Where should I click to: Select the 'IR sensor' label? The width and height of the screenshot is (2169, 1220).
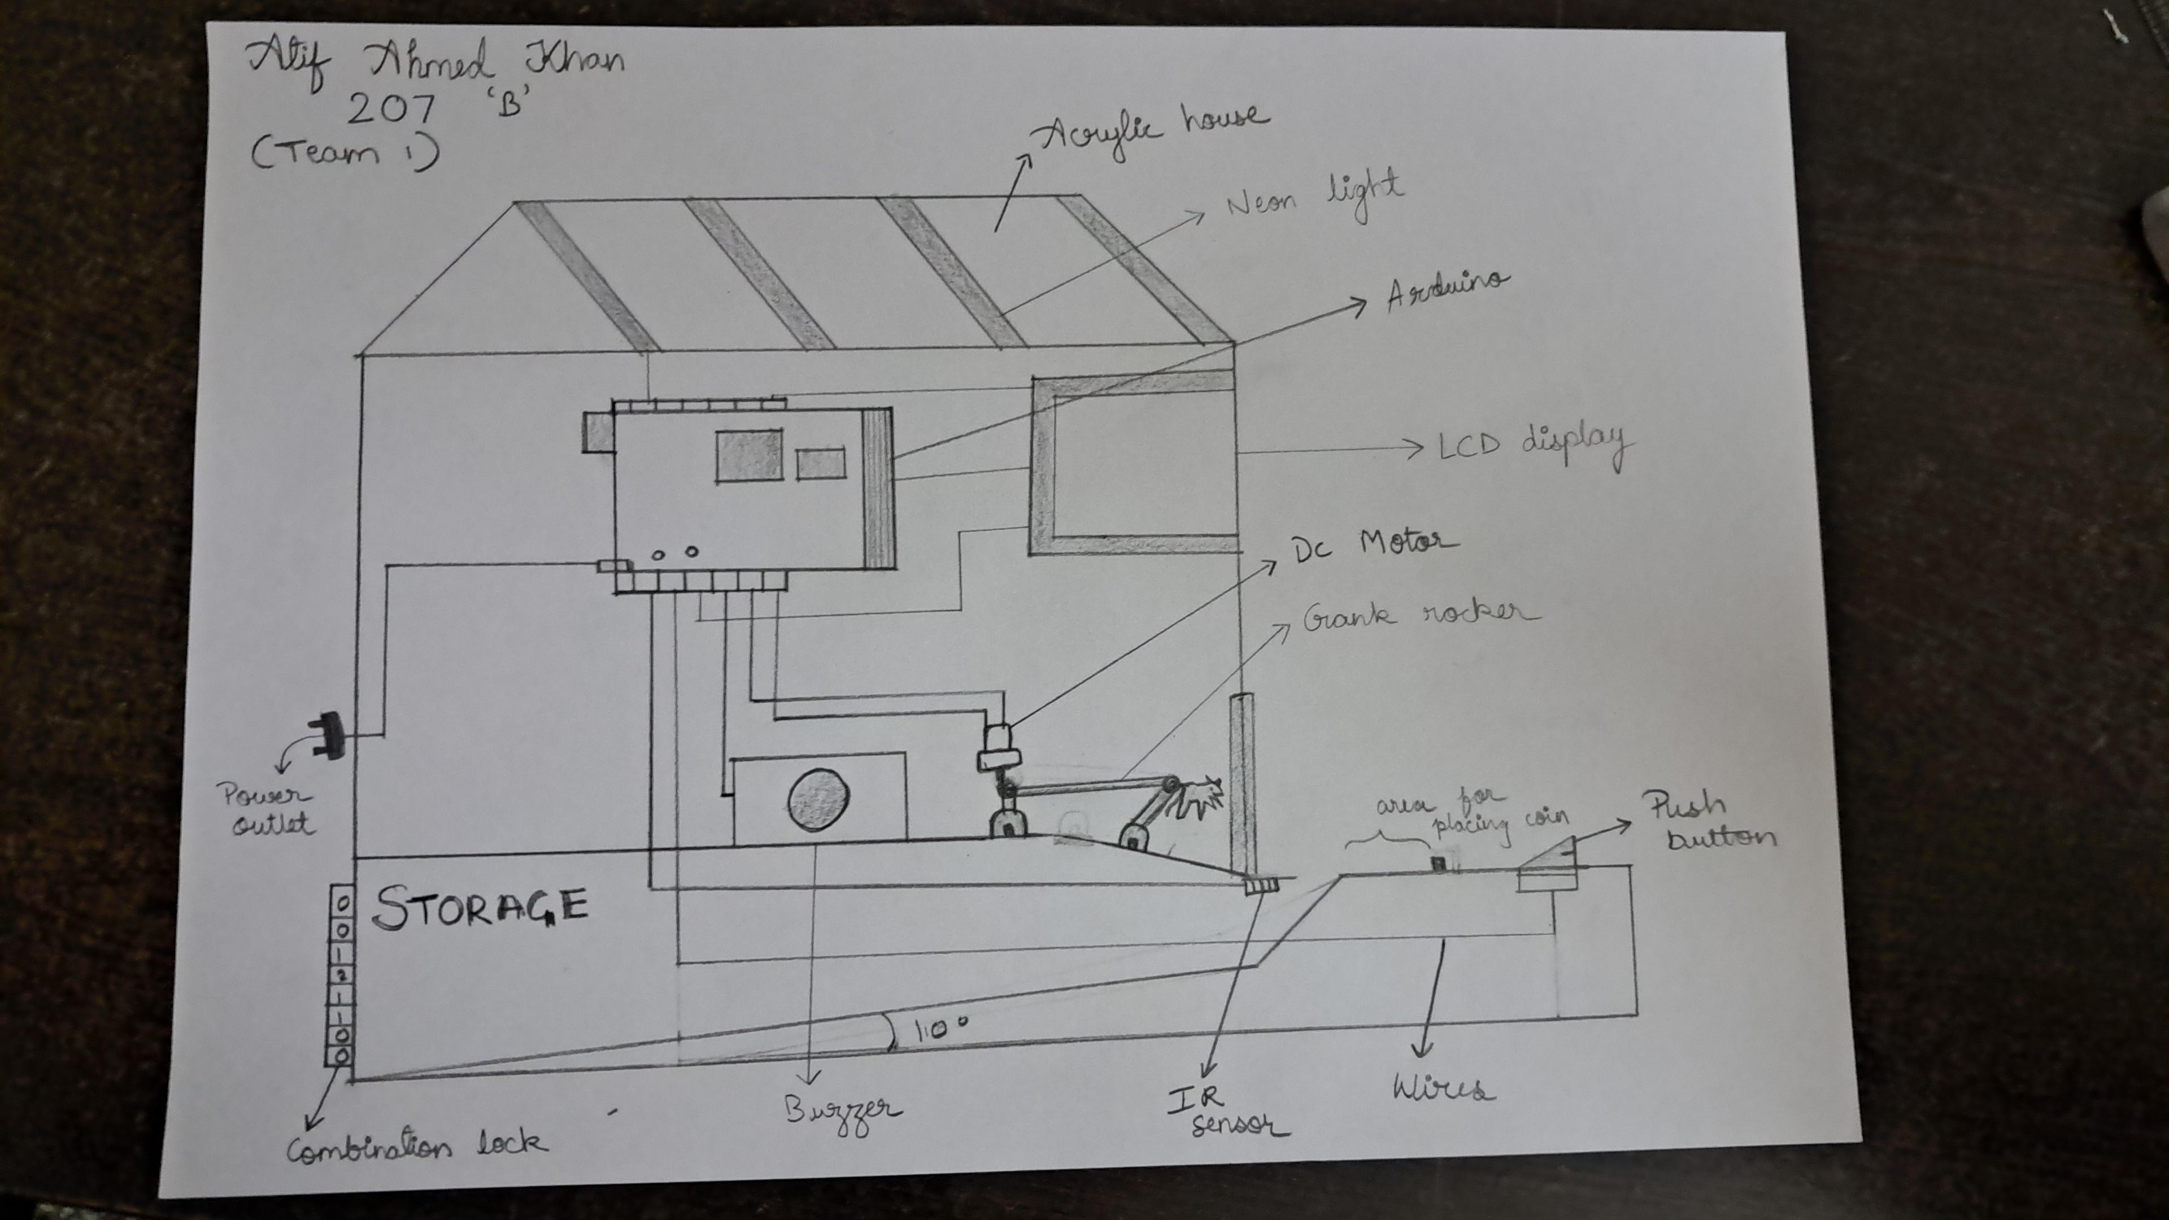pyautogui.click(x=1226, y=1112)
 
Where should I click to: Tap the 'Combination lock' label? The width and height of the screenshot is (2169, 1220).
pyautogui.click(x=417, y=1147)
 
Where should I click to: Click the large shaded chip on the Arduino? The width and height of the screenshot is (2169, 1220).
pyautogui.click(x=748, y=455)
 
